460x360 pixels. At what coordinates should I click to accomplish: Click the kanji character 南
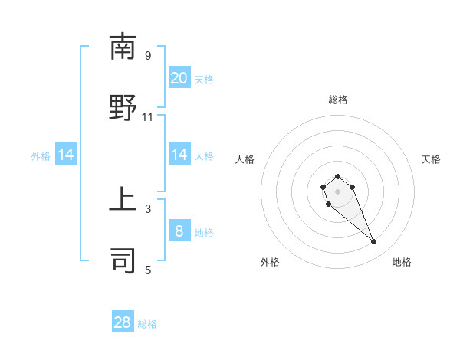(x=123, y=47)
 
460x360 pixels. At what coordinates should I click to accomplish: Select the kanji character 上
(x=123, y=200)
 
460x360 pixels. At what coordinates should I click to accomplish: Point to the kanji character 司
(x=123, y=260)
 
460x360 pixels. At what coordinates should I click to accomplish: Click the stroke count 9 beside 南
(x=148, y=56)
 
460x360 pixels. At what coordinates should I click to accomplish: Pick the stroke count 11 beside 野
(x=148, y=117)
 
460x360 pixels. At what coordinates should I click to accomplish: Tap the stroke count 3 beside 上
(x=148, y=208)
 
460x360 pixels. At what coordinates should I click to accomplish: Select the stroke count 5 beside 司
(x=148, y=270)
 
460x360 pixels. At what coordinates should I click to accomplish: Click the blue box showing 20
(x=179, y=78)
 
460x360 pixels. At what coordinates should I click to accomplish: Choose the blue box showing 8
(x=179, y=231)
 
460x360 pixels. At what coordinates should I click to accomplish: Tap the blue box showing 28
(x=123, y=322)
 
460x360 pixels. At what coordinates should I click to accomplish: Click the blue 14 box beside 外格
(x=66, y=155)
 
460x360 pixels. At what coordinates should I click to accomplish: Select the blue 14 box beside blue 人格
(x=179, y=155)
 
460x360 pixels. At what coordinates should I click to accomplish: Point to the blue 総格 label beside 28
(x=147, y=324)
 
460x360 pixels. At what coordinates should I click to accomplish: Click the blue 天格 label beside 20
(x=204, y=79)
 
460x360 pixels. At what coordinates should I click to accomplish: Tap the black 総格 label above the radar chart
(x=338, y=100)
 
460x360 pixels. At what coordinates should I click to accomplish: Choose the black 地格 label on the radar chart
(x=402, y=262)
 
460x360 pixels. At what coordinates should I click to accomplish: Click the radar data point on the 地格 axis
(x=374, y=242)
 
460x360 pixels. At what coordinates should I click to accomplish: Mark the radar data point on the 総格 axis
(x=338, y=177)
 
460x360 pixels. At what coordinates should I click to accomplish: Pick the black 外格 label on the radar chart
(x=270, y=262)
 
